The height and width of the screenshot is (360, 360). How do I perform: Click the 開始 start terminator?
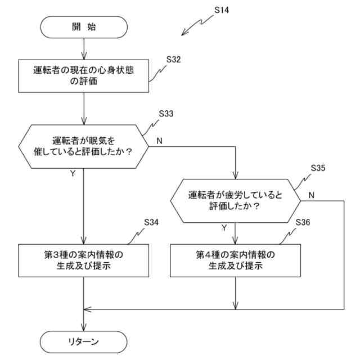pos(84,26)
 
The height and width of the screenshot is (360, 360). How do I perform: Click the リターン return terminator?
pos(84,341)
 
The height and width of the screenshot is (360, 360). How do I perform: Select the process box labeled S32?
pos(84,76)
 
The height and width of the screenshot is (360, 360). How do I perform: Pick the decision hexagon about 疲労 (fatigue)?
pos(235,200)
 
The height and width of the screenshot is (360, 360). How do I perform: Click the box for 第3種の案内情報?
pos(84,260)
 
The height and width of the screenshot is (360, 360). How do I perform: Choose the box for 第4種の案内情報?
pos(235,260)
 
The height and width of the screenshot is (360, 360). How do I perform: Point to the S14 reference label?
pos(222,10)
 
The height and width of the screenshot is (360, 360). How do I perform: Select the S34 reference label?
pos(151,222)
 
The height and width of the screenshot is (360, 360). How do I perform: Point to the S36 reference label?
pos(303,222)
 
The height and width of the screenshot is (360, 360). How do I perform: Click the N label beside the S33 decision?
pos(159,141)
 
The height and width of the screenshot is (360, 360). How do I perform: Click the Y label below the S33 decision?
pos(73,174)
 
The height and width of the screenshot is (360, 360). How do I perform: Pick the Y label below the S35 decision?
pos(224,228)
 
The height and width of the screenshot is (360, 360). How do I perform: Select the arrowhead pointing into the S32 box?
pos(84,57)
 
